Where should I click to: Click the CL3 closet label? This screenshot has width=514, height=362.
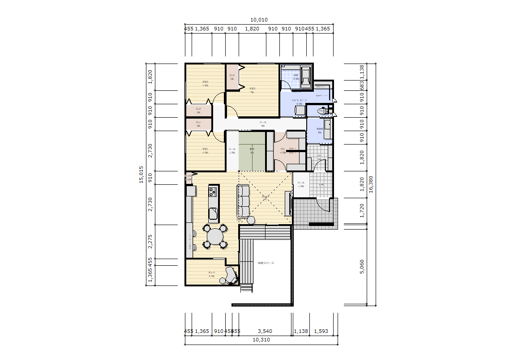[x=232, y=76]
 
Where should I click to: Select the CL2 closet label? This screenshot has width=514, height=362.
[x=198, y=109]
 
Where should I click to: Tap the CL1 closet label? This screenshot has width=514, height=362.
[x=198, y=122]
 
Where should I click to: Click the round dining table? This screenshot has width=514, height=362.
[x=216, y=236]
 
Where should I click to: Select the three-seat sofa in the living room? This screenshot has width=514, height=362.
[x=243, y=202]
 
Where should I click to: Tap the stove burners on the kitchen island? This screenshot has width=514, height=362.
[x=212, y=192]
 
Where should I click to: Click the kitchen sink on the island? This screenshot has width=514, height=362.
[x=213, y=213]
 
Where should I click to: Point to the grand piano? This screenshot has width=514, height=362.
[x=231, y=274]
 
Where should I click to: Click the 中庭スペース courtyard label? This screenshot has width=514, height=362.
[x=266, y=263]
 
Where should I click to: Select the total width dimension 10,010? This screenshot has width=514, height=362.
[x=259, y=20]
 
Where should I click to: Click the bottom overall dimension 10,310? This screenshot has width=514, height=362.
[x=261, y=340]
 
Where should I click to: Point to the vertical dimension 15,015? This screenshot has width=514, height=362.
[x=141, y=175]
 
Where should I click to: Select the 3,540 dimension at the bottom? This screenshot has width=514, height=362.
[x=265, y=331]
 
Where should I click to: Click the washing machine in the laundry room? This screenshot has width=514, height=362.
[x=300, y=110]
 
